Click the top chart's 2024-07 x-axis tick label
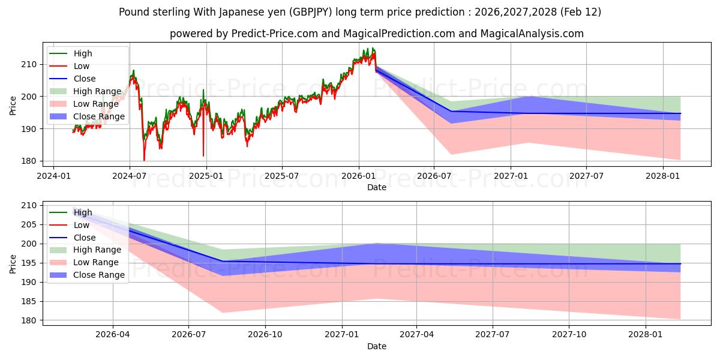[130, 176]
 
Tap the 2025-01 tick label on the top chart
[206, 176]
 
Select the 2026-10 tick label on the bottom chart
[265, 335]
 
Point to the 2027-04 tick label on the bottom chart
[417, 335]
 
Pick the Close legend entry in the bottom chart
[85, 238]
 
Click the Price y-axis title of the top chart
[13, 106]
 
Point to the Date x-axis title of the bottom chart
[376, 346]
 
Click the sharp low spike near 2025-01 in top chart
[203, 155]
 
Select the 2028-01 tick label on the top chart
[663, 176]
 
